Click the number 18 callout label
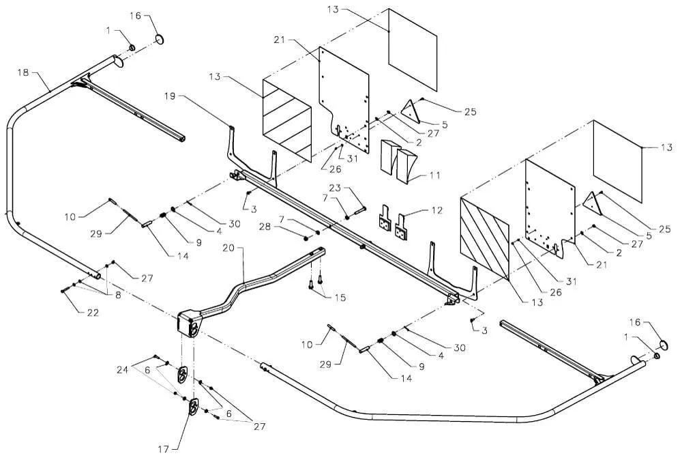(23, 72)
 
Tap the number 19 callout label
(170, 96)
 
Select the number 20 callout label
(228, 248)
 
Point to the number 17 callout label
(164, 448)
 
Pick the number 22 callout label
(93, 313)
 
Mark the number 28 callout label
(266, 227)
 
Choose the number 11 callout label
(434, 175)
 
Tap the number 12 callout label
(436, 211)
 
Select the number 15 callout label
(340, 298)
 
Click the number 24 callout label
(122, 370)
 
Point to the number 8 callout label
(118, 295)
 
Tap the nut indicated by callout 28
(305, 238)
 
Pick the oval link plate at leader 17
(193, 407)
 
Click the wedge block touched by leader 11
(406, 165)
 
